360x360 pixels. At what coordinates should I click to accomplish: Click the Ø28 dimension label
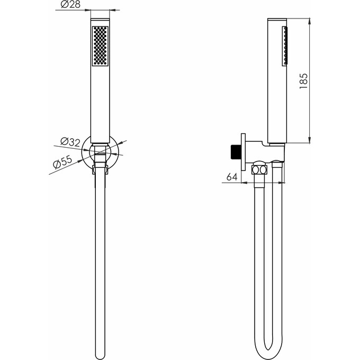point(70,5)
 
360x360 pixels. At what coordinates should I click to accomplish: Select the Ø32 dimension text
point(70,142)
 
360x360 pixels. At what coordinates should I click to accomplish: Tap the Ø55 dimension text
point(62,161)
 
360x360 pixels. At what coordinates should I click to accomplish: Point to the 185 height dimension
point(303,82)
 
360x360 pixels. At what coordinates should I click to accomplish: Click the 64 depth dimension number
point(232,177)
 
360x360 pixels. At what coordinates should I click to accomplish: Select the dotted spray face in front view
point(100,46)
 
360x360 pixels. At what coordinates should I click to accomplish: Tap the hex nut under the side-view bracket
point(259,170)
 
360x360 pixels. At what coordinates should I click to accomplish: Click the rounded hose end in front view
point(100,355)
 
